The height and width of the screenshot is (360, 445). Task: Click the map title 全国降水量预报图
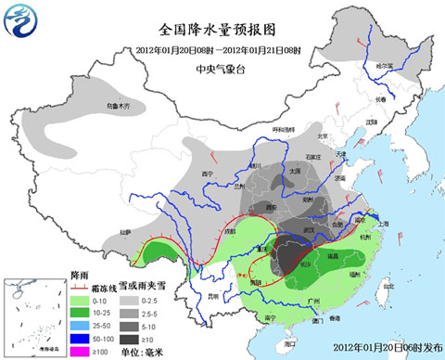click(219, 29)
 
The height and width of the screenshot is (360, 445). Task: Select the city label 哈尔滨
click(385, 66)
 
